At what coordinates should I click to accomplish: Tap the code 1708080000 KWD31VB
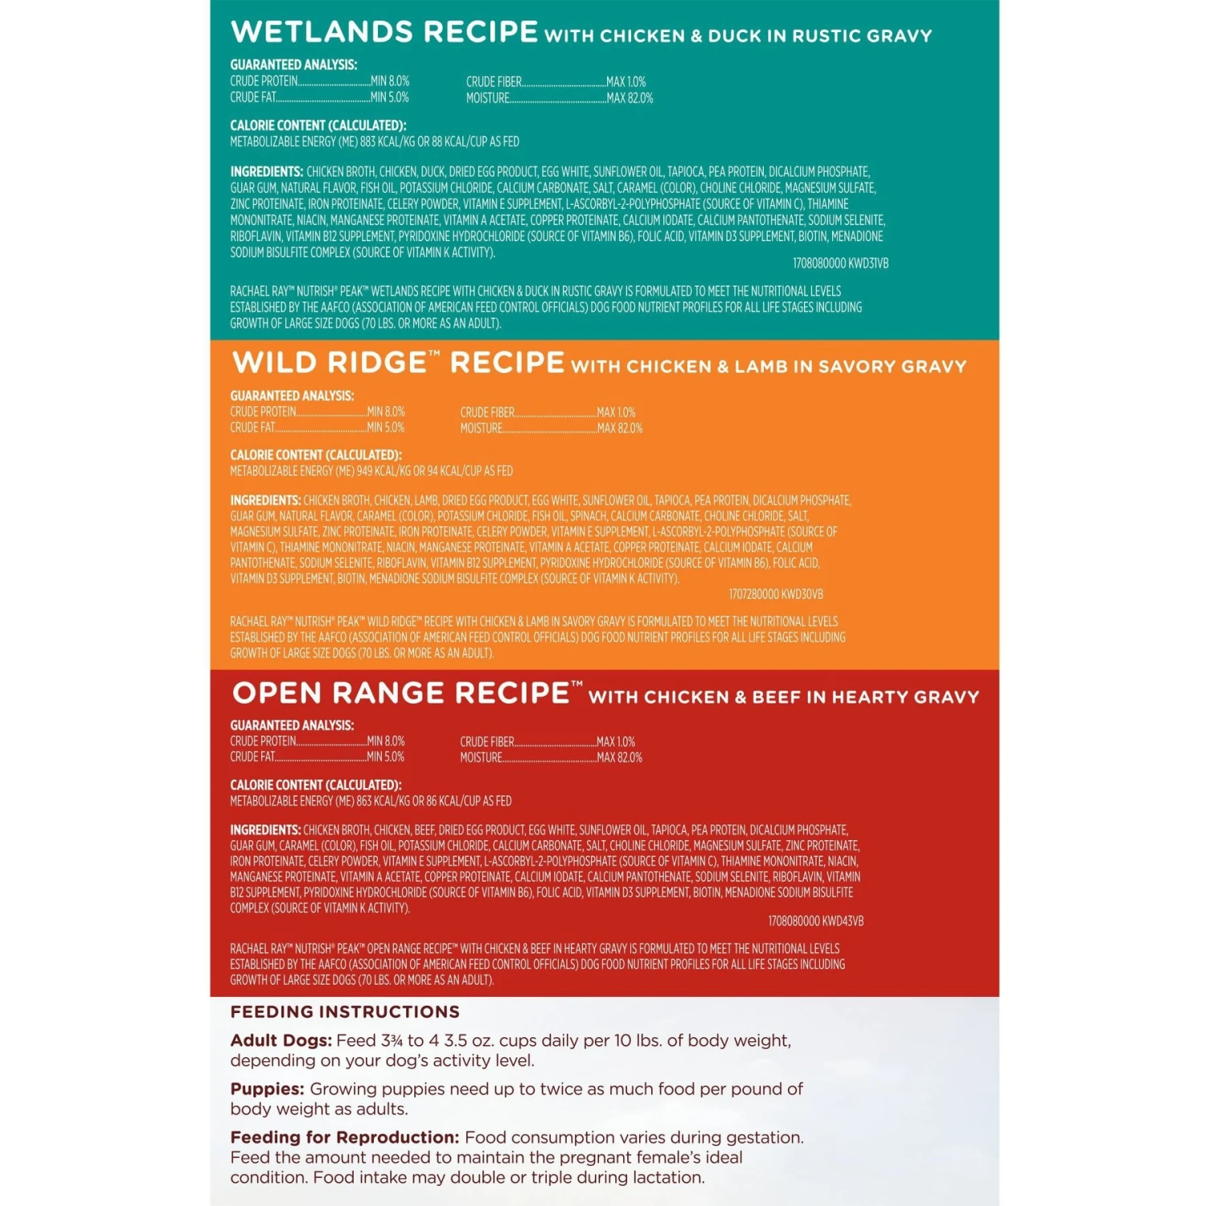click(840, 264)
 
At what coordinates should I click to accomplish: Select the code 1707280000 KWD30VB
click(775, 594)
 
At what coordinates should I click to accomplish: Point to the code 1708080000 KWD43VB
click(815, 921)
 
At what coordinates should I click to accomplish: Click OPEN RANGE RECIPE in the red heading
click(401, 693)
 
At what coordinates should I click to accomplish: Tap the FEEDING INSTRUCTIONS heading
click(345, 1012)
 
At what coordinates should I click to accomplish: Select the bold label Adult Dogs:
click(280, 1040)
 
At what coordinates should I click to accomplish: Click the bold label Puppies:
click(267, 1089)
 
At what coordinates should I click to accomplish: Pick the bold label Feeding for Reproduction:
click(344, 1138)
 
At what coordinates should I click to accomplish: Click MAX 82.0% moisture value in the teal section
click(630, 98)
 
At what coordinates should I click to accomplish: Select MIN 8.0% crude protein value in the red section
click(386, 741)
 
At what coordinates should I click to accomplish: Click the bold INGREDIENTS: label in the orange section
click(265, 500)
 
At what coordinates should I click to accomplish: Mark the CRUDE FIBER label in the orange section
click(487, 412)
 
